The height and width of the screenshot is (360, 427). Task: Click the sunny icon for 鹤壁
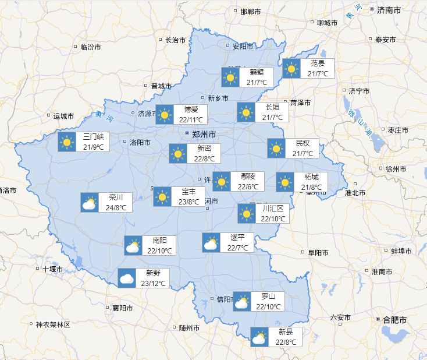coord(230,77)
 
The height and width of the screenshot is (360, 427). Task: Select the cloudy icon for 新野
coord(127,278)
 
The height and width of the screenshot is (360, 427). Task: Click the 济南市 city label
coord(389,10)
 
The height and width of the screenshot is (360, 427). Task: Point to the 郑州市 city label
coord(204,134)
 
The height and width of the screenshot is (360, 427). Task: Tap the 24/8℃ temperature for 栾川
coord(116,207)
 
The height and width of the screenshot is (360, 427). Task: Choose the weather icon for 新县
coord(259,337)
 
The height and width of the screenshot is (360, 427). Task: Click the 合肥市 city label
coord(395,320)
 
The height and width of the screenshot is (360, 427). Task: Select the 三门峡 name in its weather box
coord(93,137)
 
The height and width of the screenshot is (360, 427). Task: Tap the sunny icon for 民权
coord(276,148)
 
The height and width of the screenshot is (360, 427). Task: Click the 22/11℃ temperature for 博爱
coord(191,119)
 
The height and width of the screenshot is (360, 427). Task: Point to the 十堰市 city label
coord(52,269)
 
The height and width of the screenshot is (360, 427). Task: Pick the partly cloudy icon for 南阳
coord(133,245)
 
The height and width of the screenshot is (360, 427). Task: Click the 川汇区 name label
coord(273,208)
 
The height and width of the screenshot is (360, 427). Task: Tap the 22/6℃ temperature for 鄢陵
coord(248,187)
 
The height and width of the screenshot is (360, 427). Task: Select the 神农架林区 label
coord(53,324)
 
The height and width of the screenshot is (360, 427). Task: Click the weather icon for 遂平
coord(211,242)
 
